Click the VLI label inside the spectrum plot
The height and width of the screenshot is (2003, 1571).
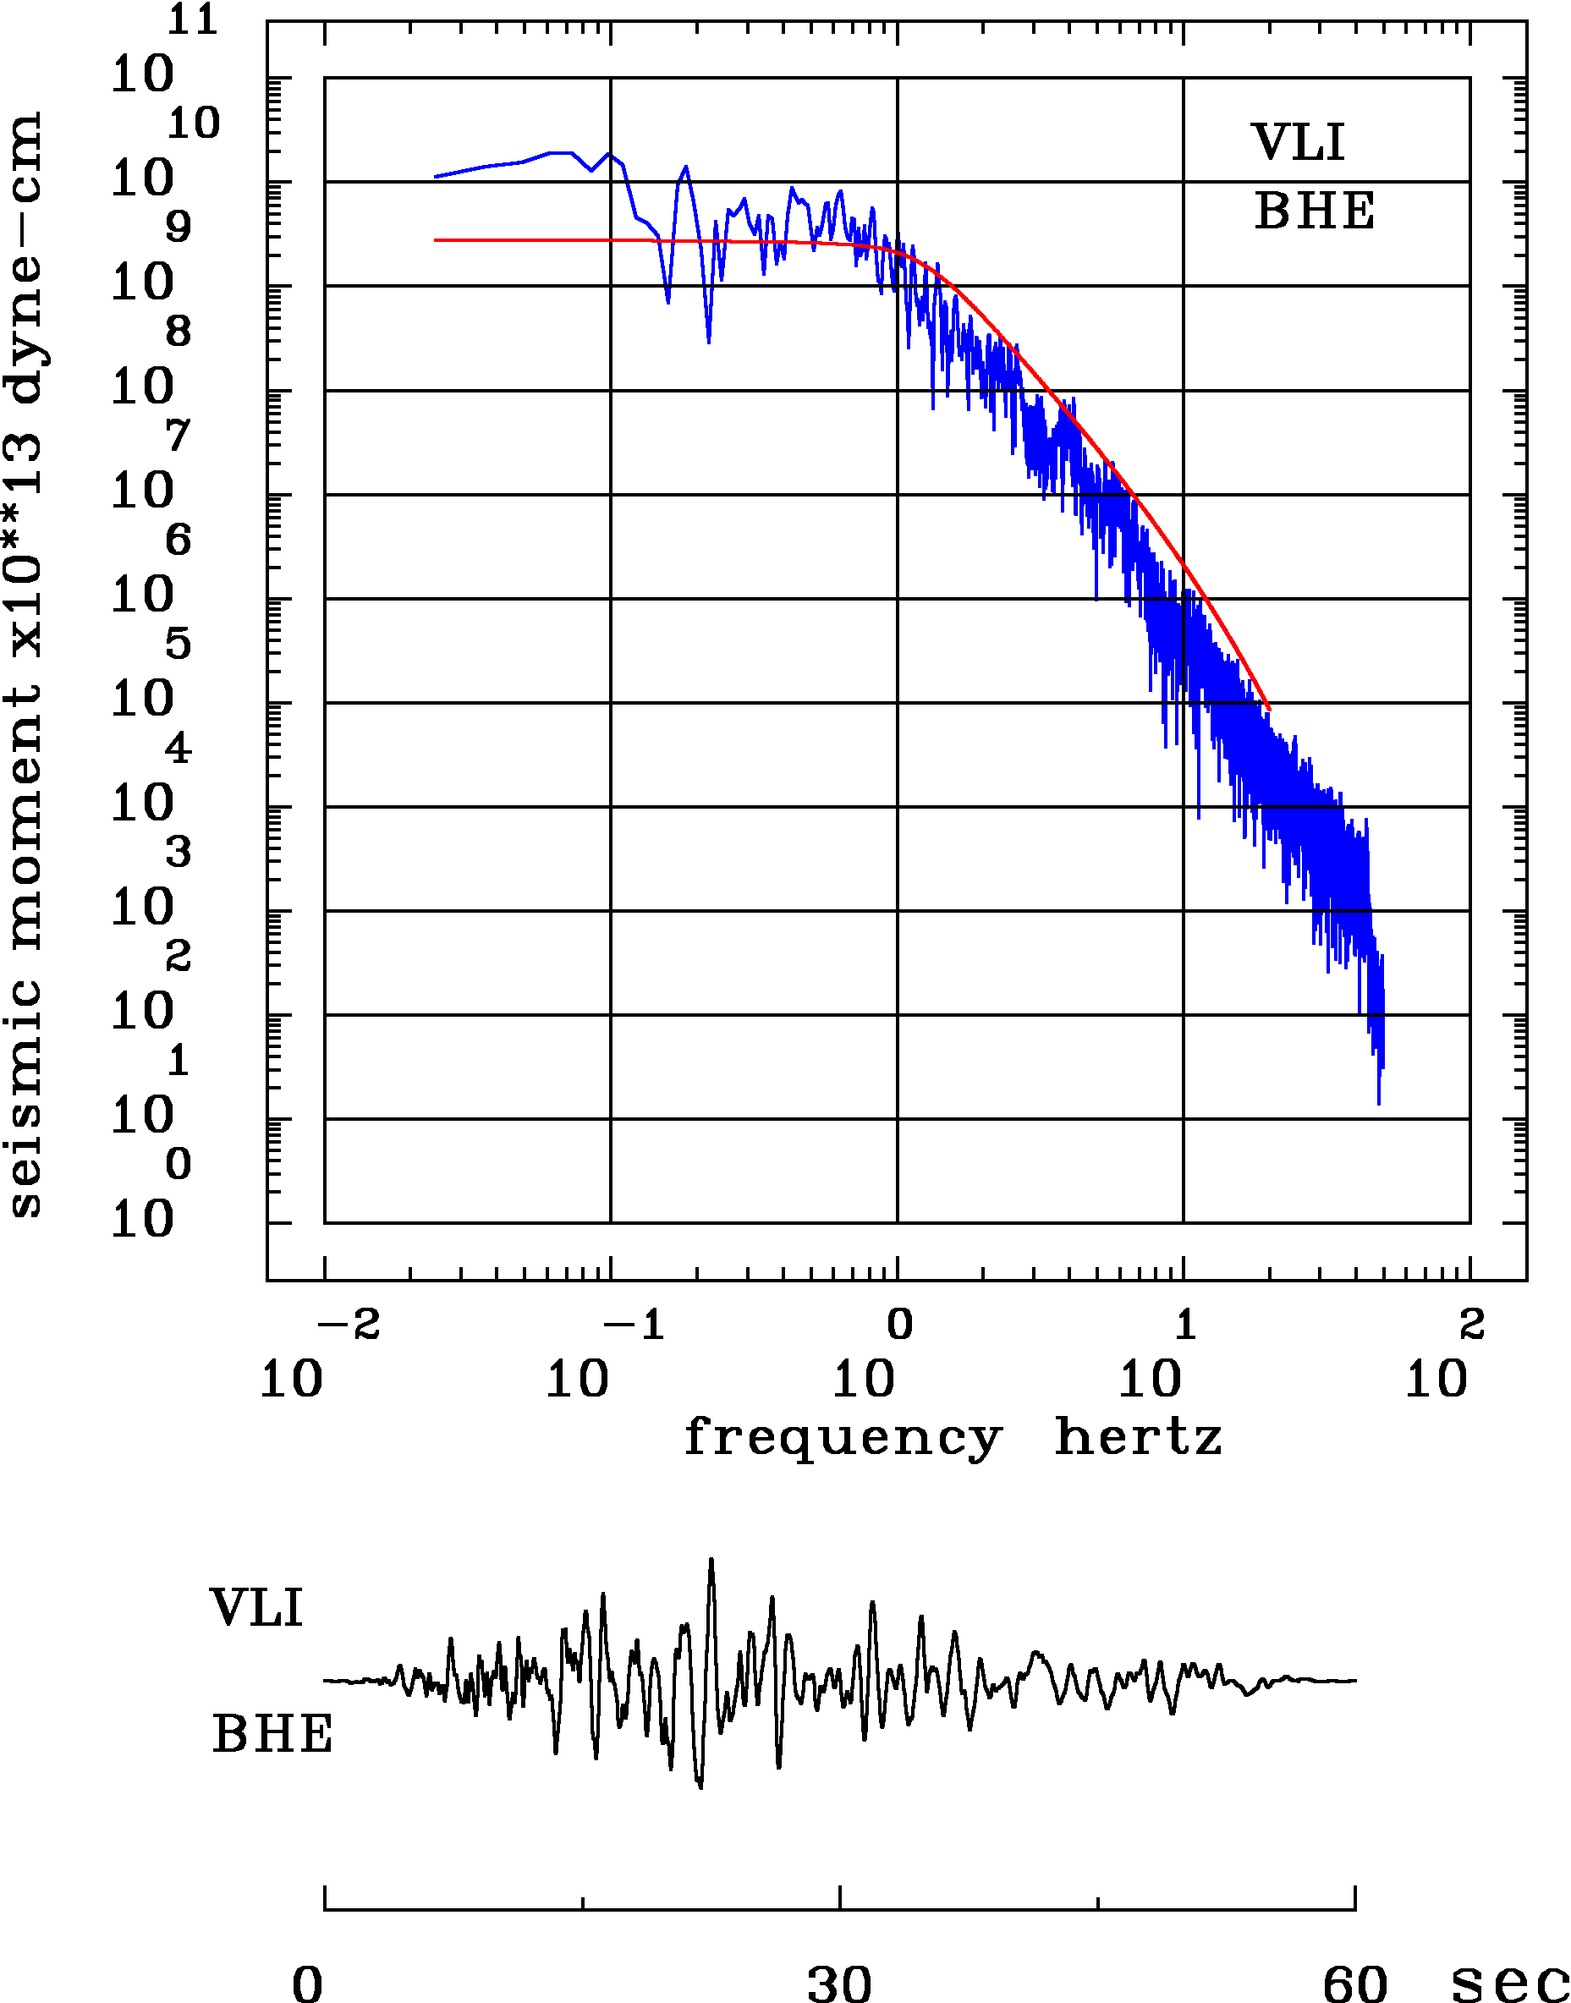[x=1298, y=143]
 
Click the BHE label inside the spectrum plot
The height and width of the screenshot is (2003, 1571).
[x=1315, y=211]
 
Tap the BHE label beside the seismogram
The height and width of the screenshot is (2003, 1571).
[x=272, y=1735]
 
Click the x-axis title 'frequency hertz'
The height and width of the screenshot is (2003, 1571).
[x=953, y=1438]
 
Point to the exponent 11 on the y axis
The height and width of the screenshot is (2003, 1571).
[x=192, y=19]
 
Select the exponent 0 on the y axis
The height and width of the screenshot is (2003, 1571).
[x=179, y=1164]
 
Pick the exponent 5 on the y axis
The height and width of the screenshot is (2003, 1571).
[x=179, y=644]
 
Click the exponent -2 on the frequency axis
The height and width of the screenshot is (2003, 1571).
[x=349, y=1325]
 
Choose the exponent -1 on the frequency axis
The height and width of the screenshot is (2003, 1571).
[x=634, y=1325]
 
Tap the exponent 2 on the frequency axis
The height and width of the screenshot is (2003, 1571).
[x=1472, y=1325]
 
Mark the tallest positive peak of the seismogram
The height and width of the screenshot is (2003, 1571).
[x=711, y=1561]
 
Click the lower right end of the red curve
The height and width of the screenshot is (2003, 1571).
[x=1268, y=709]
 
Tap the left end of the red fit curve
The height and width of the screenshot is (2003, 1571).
[x=435, y=240]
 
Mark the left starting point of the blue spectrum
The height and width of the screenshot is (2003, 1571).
[x=435, y=177]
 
